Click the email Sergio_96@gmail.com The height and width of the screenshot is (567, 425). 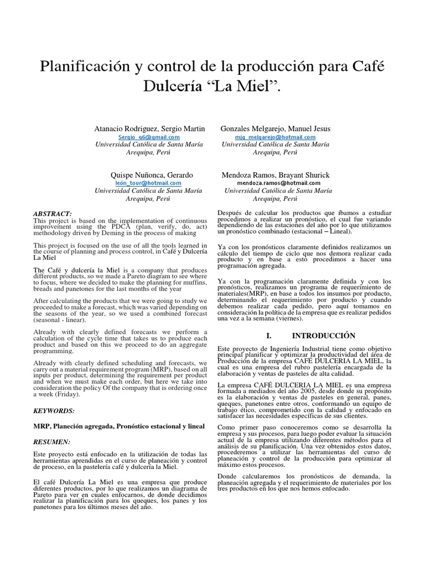(149, 137)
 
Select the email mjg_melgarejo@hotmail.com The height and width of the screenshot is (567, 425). (275, 137)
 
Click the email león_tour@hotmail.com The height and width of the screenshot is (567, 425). (148, 183)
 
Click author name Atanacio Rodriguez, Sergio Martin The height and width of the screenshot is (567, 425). (149, 128)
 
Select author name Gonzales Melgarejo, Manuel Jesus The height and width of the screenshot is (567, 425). (275, 128)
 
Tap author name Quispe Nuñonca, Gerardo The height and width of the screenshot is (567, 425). (152, 174)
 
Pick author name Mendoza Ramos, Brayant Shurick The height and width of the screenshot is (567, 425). (275, 174)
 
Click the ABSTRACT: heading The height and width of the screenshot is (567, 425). (53, 214)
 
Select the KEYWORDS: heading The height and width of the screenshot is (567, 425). (54, 412)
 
